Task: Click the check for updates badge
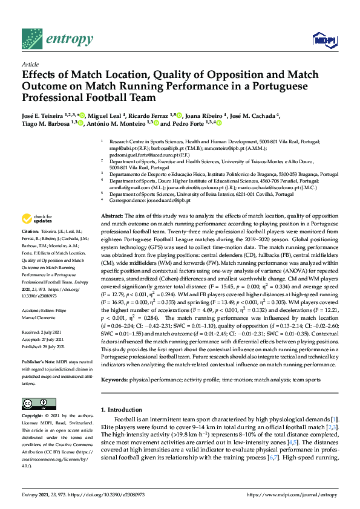(36, 218)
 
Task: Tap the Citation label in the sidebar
(30, 232)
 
